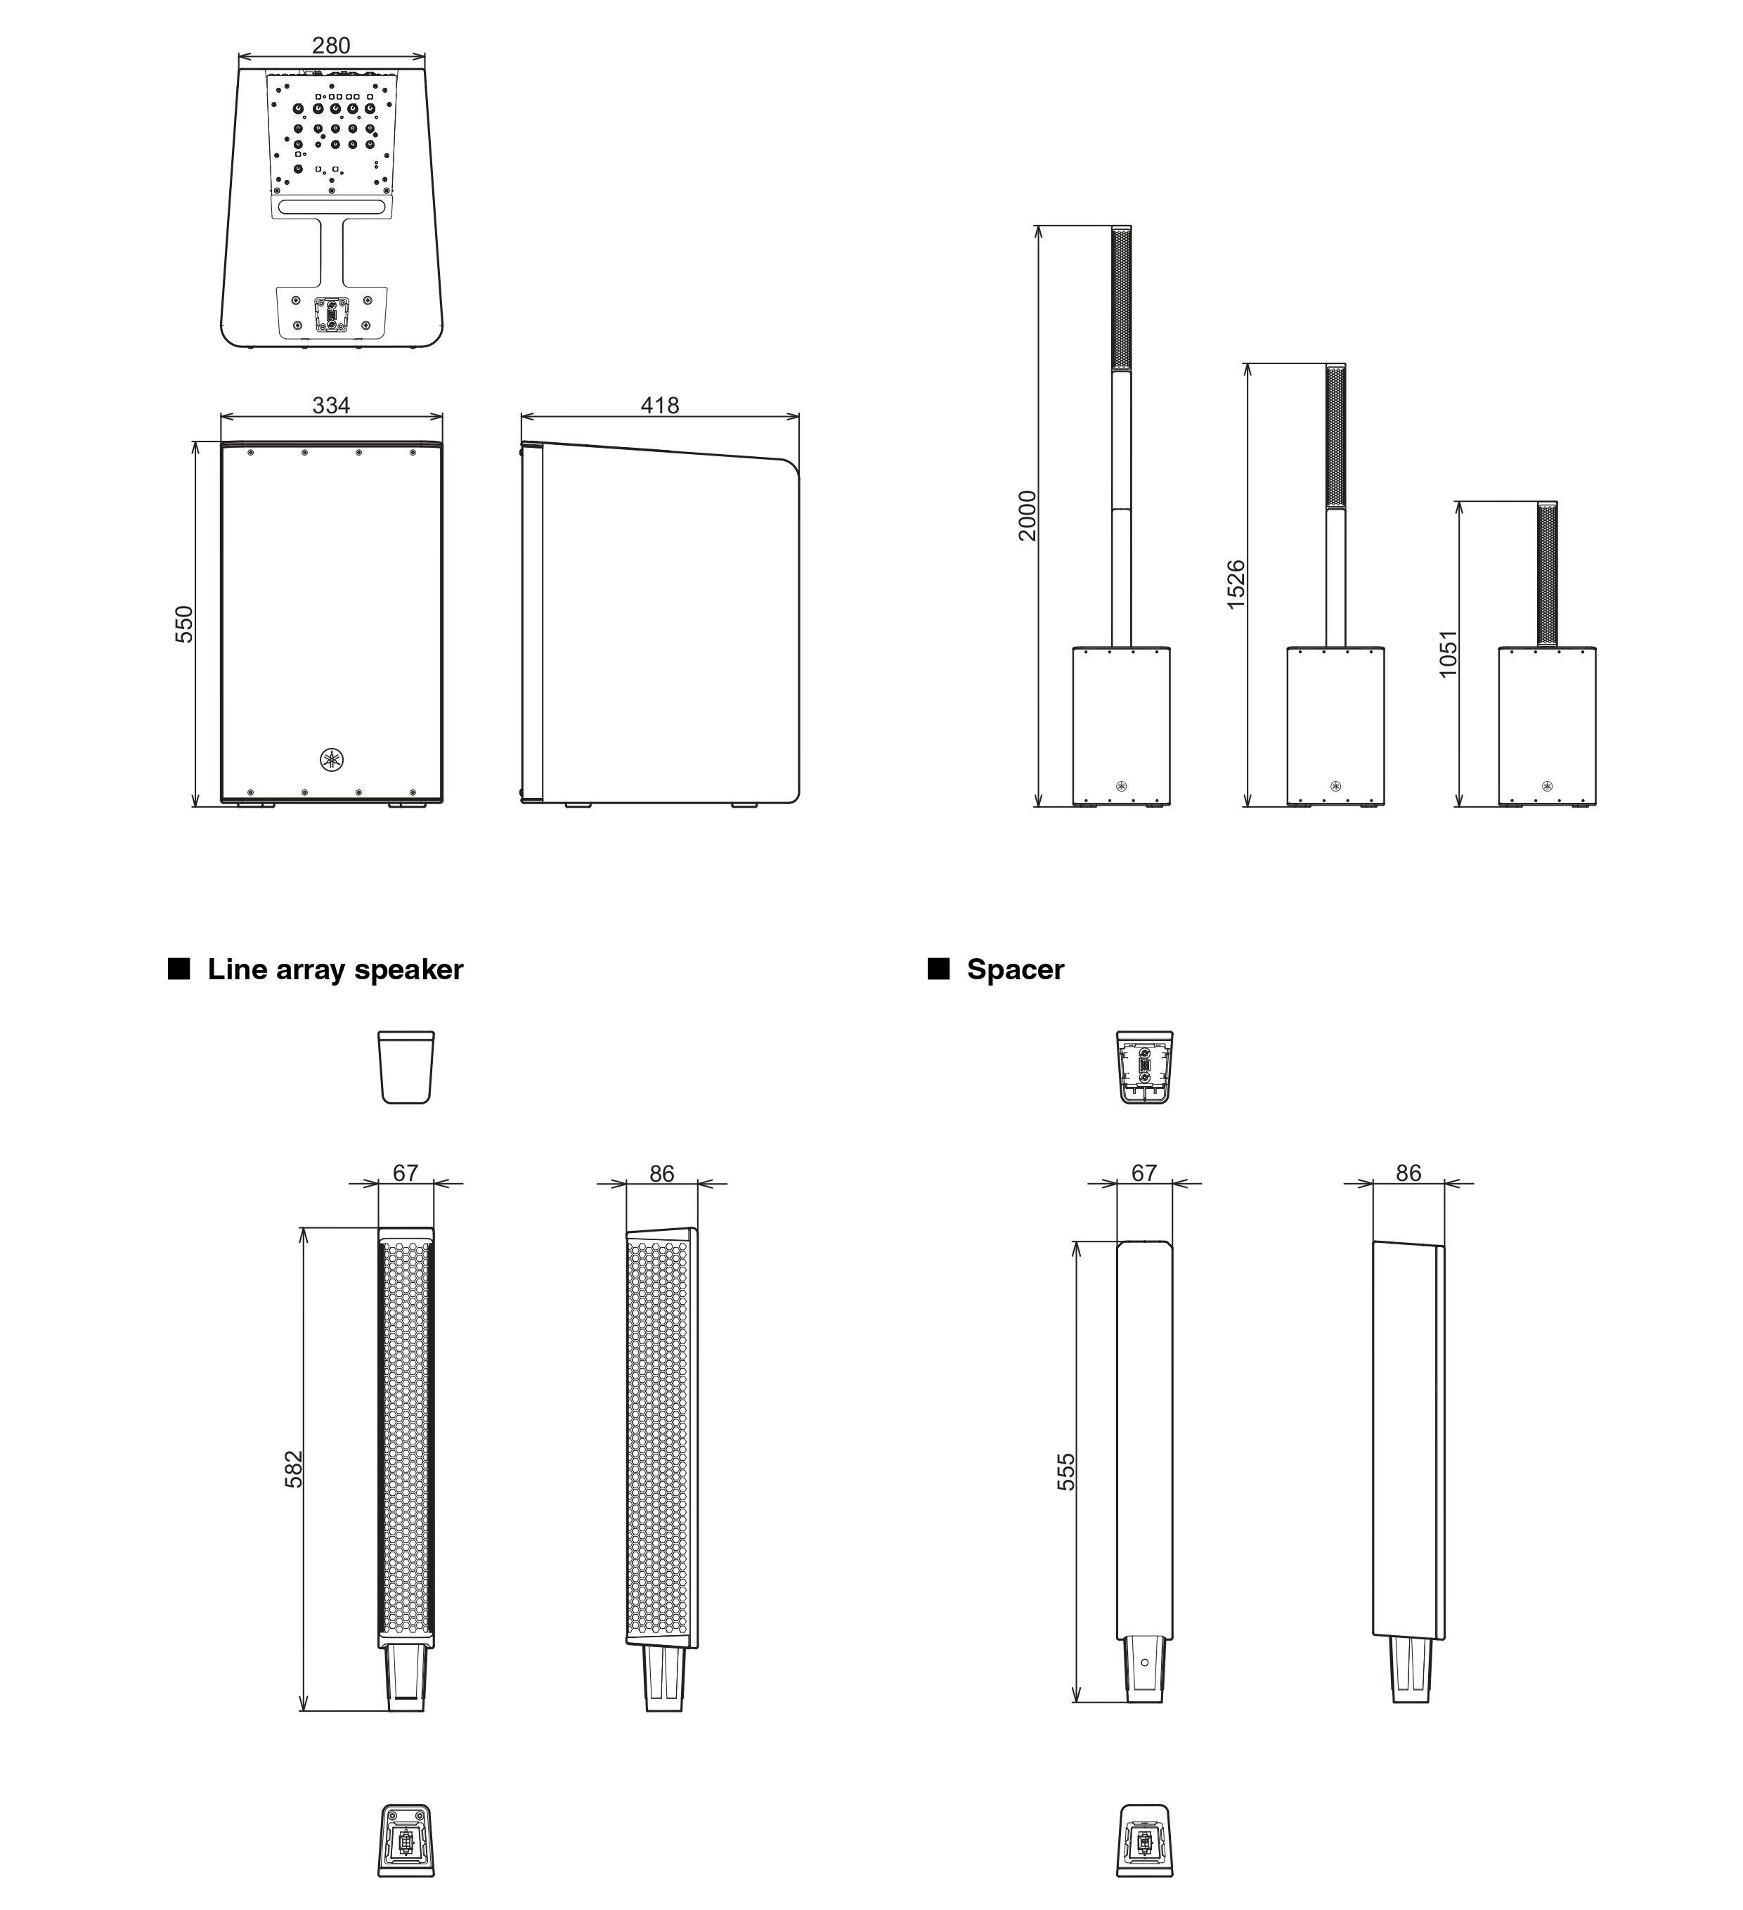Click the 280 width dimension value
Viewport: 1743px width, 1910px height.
[330, 46]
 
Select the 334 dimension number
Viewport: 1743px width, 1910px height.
[330, 406]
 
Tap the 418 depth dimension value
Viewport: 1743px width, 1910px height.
[659, 406]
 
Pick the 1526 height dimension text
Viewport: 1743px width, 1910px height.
[1236, 585]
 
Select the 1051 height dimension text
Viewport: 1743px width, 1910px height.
[1447, 654]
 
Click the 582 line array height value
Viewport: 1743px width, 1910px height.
[294, 1469]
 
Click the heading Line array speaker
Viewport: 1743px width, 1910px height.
[335, 969]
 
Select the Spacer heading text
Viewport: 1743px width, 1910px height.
[1015, 969]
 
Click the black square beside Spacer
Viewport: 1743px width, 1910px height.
[938, 968]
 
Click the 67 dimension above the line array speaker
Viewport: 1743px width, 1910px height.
[406, 1173]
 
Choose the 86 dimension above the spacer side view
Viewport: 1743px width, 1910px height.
[1408, 1173]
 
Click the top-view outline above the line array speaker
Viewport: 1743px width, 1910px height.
[406, 1067]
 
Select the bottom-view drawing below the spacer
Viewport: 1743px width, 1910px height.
[1144, 1840]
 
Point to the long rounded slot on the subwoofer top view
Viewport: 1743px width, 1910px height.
[332, 207]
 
